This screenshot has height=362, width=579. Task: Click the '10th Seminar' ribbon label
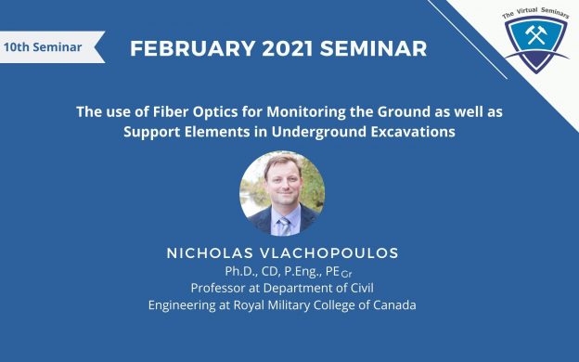pyautogui.click(x=43, y=47)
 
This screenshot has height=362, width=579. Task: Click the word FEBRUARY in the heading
pyautogui.click(x=192, y=48)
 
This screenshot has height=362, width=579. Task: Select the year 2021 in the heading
pyautogui.click(x=288, y=48)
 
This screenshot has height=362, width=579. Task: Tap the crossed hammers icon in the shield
pyautogui.click(x=536, y=35)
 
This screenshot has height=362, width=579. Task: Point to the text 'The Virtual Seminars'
pyautogui.click(x=535, y=13)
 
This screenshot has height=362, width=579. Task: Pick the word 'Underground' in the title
pyautogui.click(x=319, y=132)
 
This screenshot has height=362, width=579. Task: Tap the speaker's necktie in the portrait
pyautogui.click(x=284, y=226)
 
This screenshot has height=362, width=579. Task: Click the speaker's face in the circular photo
pyautogui.click(x=283, y=182)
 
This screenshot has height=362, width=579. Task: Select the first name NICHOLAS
pyautogui.click(x=210, y=253)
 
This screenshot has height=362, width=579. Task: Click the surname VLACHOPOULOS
pyautogui.click(x=329, y=253)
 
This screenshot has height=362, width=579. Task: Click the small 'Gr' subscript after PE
pyautogui.click(x=346, y=275)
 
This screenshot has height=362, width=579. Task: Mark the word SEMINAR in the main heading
pyautogui.click(x=373, y=48)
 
